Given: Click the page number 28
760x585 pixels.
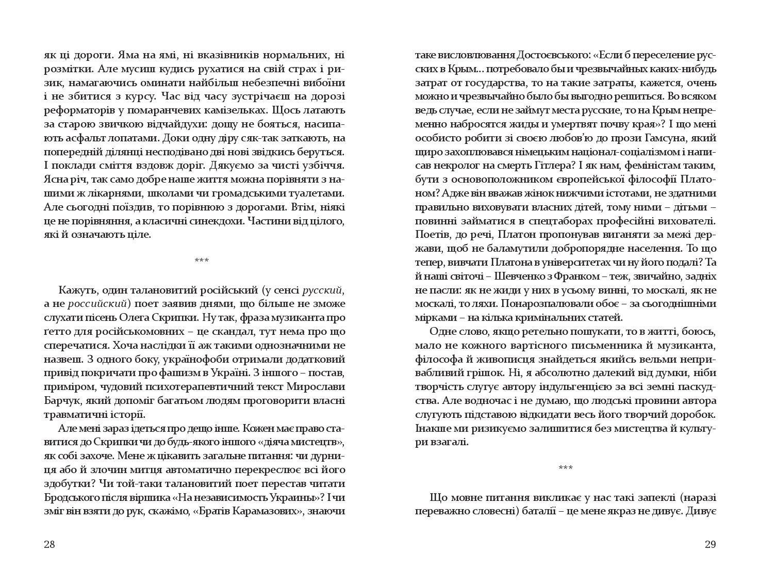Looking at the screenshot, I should coord(49,544).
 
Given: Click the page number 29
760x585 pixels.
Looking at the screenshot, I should coord(710,544).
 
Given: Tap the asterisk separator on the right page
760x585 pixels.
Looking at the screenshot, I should coord(566,468).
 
